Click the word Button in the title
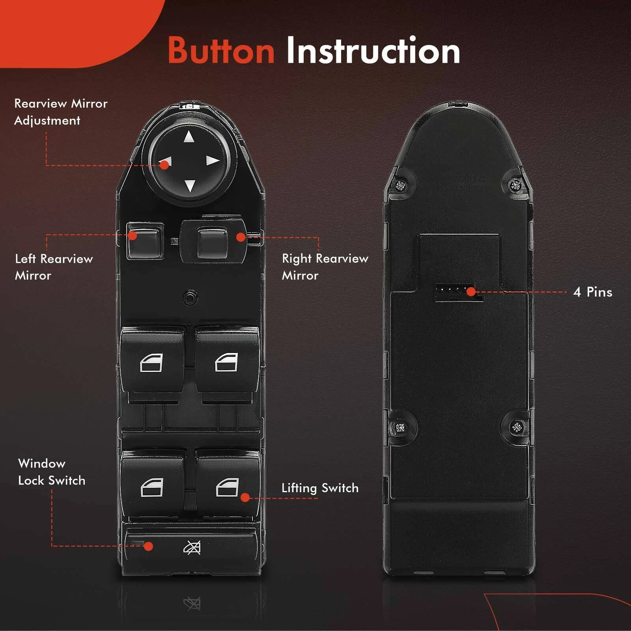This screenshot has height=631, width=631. pos(221,50)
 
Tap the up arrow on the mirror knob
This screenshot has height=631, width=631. pos(189,137)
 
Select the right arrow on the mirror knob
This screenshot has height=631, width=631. pos(213,161)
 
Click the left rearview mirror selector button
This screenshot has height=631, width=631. pos(145,241)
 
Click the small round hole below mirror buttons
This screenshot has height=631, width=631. pos(190,297)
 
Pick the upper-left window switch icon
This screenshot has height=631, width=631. pos(151,363)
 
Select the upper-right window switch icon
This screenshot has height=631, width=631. pos(226,362)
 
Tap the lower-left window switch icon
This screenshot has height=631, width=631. pos(152,487)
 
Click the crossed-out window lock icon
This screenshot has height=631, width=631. pos(192,547)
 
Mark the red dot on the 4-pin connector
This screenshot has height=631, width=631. pos(471,292)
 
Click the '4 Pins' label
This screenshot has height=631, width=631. pos(593,292)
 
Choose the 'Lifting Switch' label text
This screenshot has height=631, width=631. pos(320,488)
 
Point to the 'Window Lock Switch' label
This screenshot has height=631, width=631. pos(52,472)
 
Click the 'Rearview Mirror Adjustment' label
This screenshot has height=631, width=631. pos(61,112)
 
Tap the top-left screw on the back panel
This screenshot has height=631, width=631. pos(401,185)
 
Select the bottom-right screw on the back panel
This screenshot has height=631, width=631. pos(516,427)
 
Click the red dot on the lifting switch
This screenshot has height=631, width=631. pos(245,498)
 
